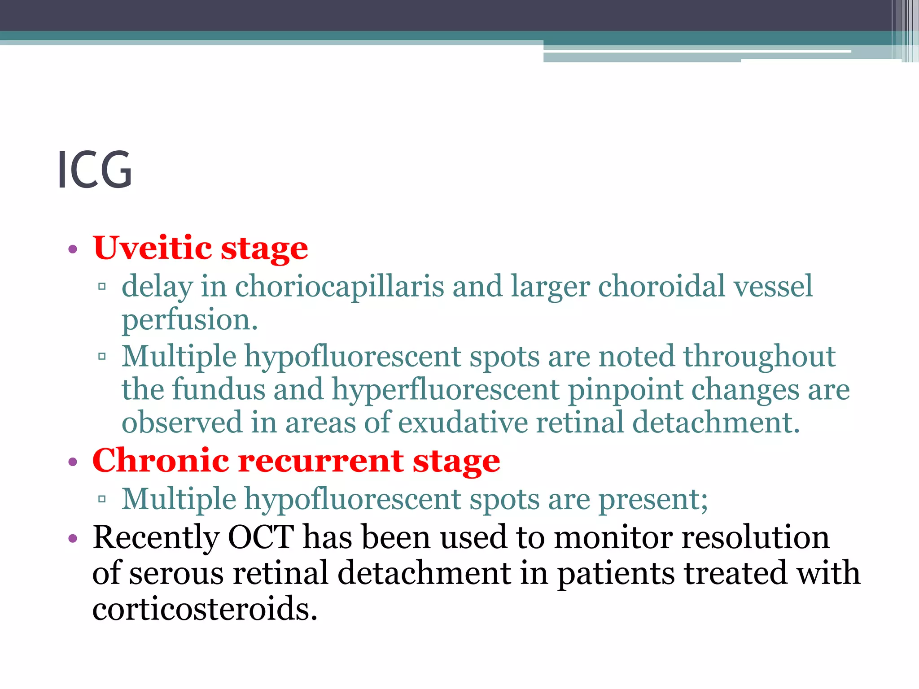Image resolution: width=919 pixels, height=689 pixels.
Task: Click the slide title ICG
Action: coord(95,170)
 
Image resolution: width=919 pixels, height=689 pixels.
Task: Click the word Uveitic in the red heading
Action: coord(153,248)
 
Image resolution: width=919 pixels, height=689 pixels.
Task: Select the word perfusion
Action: coord(189,320)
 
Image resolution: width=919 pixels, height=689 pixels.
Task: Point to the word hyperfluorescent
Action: coord(445,389)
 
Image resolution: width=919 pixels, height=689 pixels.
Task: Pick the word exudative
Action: coord(463,423)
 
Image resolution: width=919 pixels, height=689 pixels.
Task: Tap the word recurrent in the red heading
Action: coord(320,461)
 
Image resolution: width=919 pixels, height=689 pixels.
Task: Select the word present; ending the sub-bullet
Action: coord(653,499)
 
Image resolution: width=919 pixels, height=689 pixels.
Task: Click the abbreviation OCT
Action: coord(261,537)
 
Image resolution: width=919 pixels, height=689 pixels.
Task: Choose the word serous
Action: coord(176,573)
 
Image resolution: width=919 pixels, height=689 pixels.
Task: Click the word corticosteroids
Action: coord(205,609)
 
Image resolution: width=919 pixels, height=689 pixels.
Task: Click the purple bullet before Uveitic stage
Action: coord(73,249)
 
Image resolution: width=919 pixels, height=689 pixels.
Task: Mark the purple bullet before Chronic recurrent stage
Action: coord(73,462)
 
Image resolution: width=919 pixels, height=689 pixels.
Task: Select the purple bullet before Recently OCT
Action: coord(73,538)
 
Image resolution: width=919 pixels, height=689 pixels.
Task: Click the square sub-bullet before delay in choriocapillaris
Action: coord(102,286)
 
